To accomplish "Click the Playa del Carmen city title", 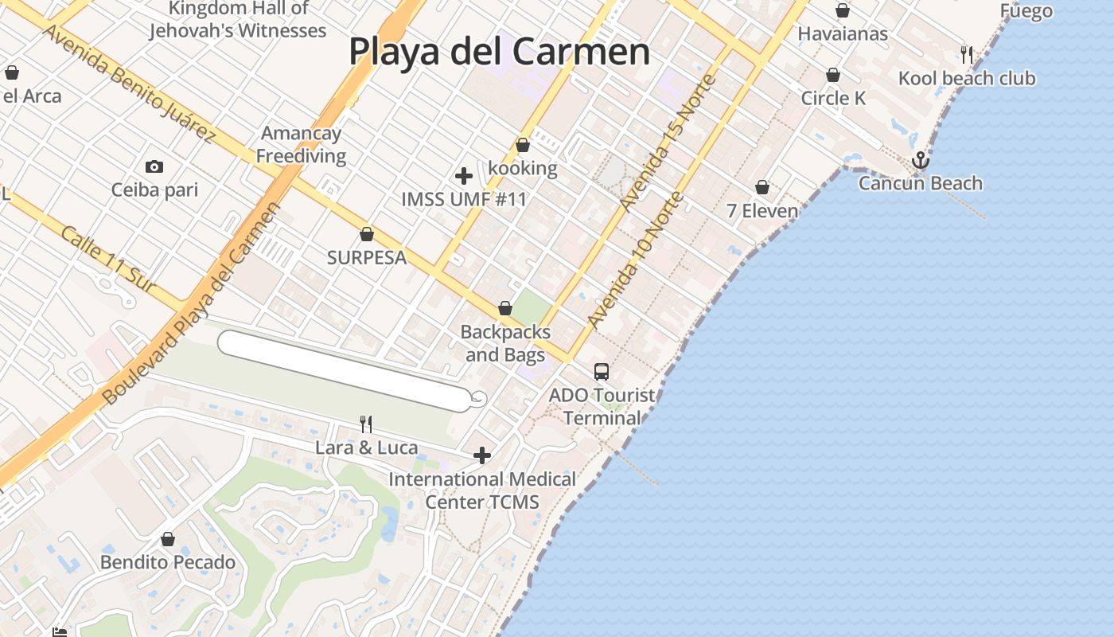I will [499, 52].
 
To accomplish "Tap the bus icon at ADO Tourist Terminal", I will [602, 371].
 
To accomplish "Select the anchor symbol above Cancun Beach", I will [921, 160].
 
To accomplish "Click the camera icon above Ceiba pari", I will [154, 166].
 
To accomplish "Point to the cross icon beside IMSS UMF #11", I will [464, 176].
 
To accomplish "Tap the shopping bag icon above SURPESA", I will [367, 234].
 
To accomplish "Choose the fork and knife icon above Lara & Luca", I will [366, 424].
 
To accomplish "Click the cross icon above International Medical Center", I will [482, 455].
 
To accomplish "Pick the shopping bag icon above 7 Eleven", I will [762, 187].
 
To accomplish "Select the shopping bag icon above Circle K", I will [833, 75].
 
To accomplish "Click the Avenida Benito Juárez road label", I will [128, 83].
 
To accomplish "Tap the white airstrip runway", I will [345, 371].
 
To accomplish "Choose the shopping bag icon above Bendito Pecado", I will [168, 539].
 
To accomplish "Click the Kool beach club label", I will [967, 78].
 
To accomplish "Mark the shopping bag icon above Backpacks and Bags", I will [504, 308].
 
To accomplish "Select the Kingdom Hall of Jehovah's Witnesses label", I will [238, 20].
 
